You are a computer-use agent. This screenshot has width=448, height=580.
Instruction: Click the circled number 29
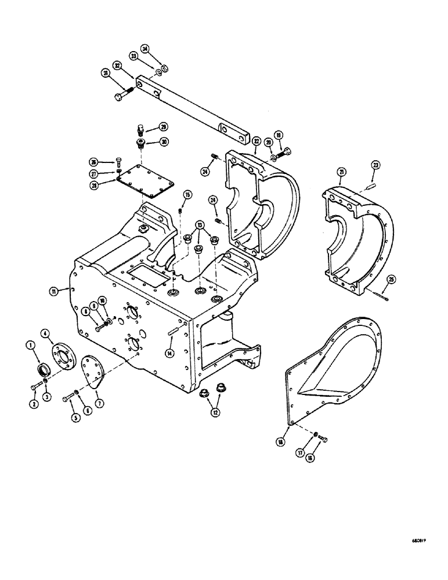(x=164, y=126)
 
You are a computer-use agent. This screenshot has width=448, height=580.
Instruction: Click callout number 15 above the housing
(x=187, y=194)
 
